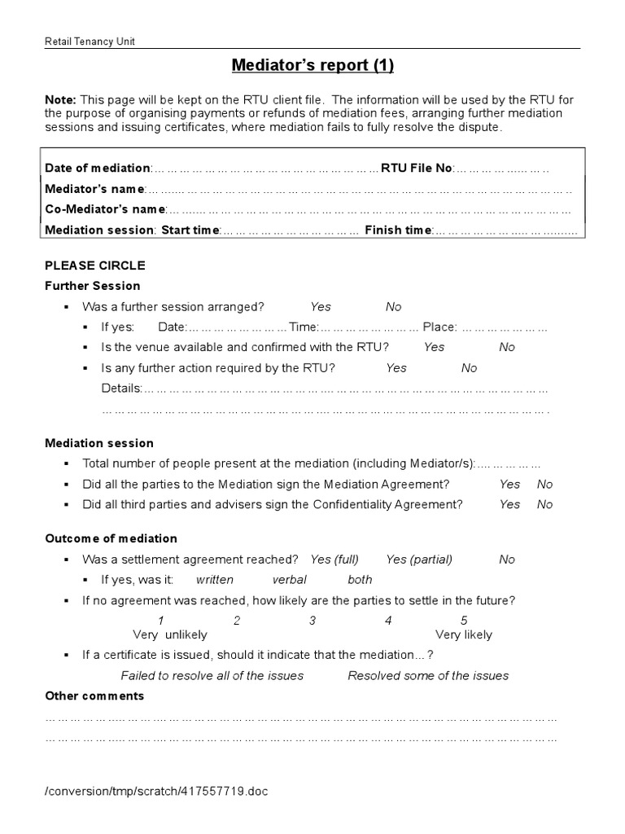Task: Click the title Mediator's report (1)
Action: pos(312,64)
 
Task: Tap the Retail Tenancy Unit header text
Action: pos(90,42)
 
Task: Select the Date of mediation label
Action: pos(98,168)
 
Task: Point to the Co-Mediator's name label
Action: pos(105,209)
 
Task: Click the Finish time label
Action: pos(398,230)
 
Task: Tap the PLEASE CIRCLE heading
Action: pos(95,266)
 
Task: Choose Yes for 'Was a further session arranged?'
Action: pos(321,307)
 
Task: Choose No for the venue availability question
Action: pos(507,347)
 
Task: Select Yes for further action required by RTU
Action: pos(396,368)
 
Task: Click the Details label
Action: pos(121,388)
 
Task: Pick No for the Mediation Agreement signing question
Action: pos(544,484)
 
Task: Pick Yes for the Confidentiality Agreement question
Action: pos(510,504)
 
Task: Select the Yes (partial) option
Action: pos(419,560)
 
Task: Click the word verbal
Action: pos(290,580)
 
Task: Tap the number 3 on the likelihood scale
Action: pos(312,621)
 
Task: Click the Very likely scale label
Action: pos(464,634)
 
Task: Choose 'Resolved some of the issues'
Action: pos(428,675)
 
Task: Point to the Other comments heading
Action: pos(94,696)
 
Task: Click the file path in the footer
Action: pos(155,791)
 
